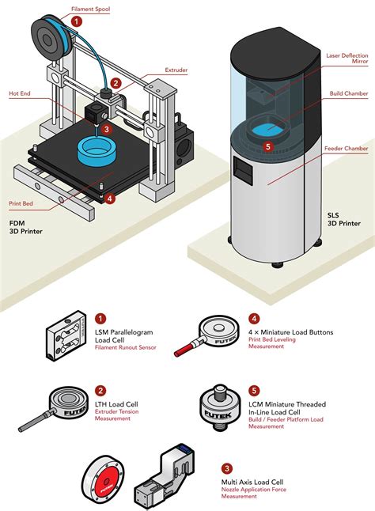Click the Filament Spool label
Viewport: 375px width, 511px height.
90,9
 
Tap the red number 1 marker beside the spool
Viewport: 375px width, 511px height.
77,22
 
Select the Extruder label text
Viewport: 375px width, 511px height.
176,70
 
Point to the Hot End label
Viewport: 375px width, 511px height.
20,93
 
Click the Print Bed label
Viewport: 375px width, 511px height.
21,203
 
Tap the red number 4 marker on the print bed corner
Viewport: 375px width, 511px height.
111,198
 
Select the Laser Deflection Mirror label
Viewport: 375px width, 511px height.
347,59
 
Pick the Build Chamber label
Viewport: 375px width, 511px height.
349,93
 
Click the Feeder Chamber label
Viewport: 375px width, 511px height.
347,149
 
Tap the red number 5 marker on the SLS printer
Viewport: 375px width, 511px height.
268,146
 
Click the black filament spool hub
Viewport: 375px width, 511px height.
46,40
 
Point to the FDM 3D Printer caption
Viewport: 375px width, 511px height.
26,228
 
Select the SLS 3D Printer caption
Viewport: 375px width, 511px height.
344,219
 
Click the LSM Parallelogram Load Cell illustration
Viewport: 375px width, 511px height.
66,335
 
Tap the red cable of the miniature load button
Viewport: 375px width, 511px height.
184,349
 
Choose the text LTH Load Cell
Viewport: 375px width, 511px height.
116,404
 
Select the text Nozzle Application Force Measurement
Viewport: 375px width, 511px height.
254,493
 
